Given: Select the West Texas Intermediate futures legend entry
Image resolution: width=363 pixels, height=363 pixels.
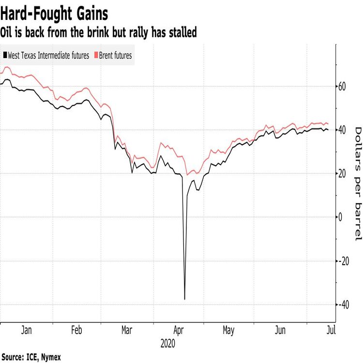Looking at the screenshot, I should point(48,56).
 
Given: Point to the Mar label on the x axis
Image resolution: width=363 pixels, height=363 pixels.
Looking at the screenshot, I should point(127,331).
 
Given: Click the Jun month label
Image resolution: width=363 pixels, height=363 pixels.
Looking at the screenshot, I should point(280,331).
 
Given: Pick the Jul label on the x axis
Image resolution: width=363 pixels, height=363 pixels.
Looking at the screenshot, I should point(331,331).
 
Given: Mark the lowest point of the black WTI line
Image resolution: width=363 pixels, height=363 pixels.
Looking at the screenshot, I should point(184,299).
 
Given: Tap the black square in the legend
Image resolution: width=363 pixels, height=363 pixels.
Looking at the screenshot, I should point(5,56).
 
